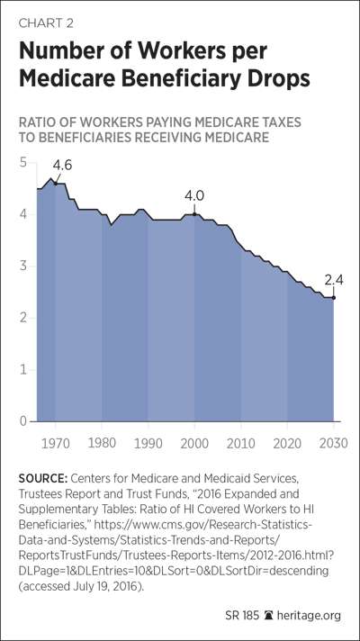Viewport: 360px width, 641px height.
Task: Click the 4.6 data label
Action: point(62,167)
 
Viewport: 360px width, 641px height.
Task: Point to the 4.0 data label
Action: point(194,196)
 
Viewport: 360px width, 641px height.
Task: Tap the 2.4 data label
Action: point(333,281)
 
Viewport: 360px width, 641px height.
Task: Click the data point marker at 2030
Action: point(333,298)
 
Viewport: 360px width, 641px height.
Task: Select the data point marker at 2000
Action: point(194,214)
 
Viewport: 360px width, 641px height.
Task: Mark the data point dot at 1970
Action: point(56,184)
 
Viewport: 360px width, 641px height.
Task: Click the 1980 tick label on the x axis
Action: point(102,444)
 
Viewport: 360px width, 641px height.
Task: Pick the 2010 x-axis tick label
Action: point(240,444)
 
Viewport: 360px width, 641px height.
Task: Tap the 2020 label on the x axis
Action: point(287,444)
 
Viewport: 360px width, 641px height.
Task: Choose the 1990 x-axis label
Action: point(148,444)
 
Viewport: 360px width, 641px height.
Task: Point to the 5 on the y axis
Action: point(22,163)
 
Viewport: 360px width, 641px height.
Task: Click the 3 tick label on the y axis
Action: point(22,266)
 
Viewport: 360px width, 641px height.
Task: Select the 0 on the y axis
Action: point(22,421)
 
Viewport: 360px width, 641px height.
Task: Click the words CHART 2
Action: point(46,23)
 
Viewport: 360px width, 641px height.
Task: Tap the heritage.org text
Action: point(309,616)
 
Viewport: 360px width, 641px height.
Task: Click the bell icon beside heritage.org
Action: point(268,615)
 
